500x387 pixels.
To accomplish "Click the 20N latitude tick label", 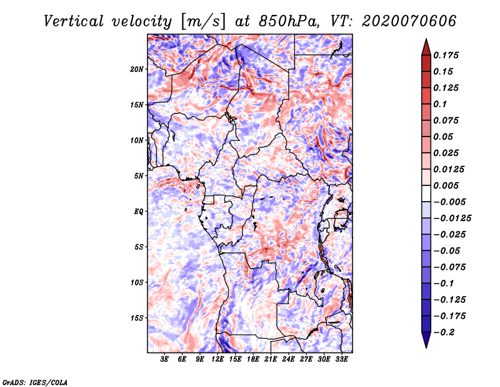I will [x=137, y=69].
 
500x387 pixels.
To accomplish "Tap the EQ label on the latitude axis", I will [x=138, y=211].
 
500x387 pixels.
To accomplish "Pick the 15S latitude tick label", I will [x=137, y=317].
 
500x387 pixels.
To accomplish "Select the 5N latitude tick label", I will [x=139, y=175].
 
